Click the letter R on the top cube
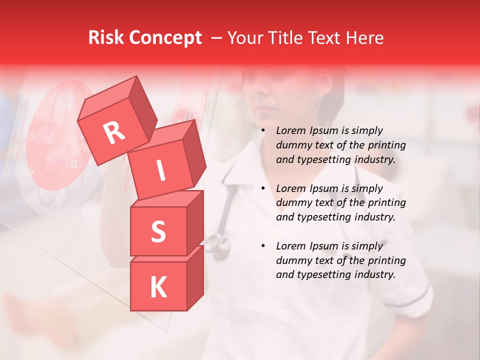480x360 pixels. tap(114, 133)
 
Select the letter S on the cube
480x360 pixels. tap(158, 231)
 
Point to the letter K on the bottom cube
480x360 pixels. tap(158, 287)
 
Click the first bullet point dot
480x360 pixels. tap(263, 131)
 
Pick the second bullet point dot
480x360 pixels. tap(263, 189)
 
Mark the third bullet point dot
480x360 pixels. tap(263, 246)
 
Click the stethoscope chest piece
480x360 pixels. tap(219, 246)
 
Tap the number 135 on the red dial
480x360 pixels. tap(71, 163)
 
